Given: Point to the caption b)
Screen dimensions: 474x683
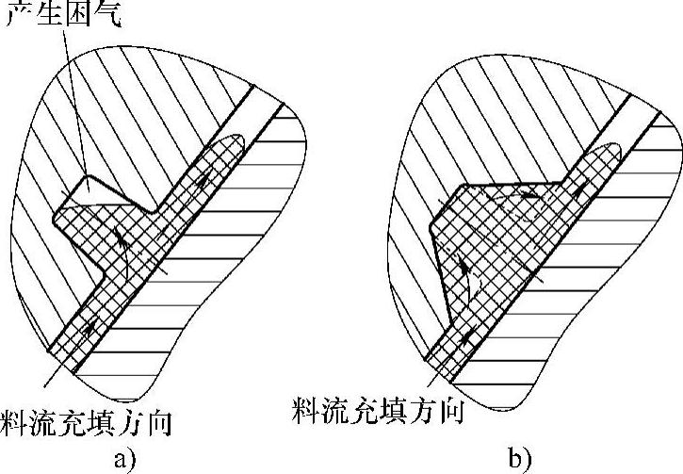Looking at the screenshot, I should click(x=519, y=459).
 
